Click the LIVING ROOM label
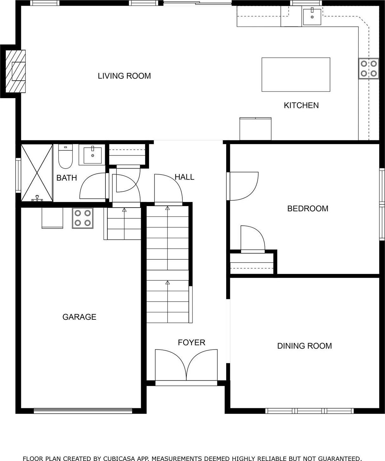pyautogui.click(x=124, y=76)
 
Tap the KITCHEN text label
pyautogui.click(x=301, y=105)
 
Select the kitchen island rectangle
pyautogui.click(x=296, y=75)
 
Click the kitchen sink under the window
pyautogui.click(x=312, y=17)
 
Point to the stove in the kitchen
pyautogui.click(x=369, y=69)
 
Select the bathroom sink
pyautogui.click(x=92, y=155)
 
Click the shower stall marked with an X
pyautogui.click(x=37, y=173)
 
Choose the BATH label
pyautogui.click(x=67, y=178)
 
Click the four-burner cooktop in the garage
pyautogui.click(x=83, y=218)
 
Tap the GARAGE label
pyautogui.click(x=79, y=317)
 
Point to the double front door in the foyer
pyautogui.click(x=186, y=365)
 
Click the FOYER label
pyautogui.click(x=191, y=342)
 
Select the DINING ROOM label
pyautogui.click(x=304, y=346)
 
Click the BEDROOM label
pyautogui.click(x=307, y=209)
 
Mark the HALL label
pyautogui.click(x=184, y=177)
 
